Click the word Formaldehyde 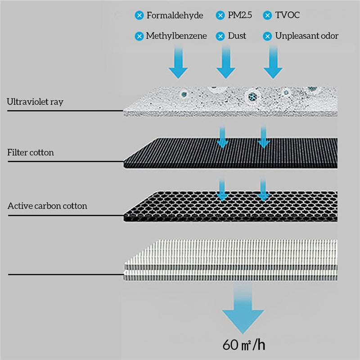175,16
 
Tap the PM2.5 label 239,16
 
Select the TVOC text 288,16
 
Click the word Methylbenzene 176,36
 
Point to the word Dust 237,36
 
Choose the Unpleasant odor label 307,36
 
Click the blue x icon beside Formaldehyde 139,16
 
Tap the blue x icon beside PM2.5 220,16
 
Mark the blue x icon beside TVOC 268,16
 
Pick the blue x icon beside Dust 220,36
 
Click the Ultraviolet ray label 35,102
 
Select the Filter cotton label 31,153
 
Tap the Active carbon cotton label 47,206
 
